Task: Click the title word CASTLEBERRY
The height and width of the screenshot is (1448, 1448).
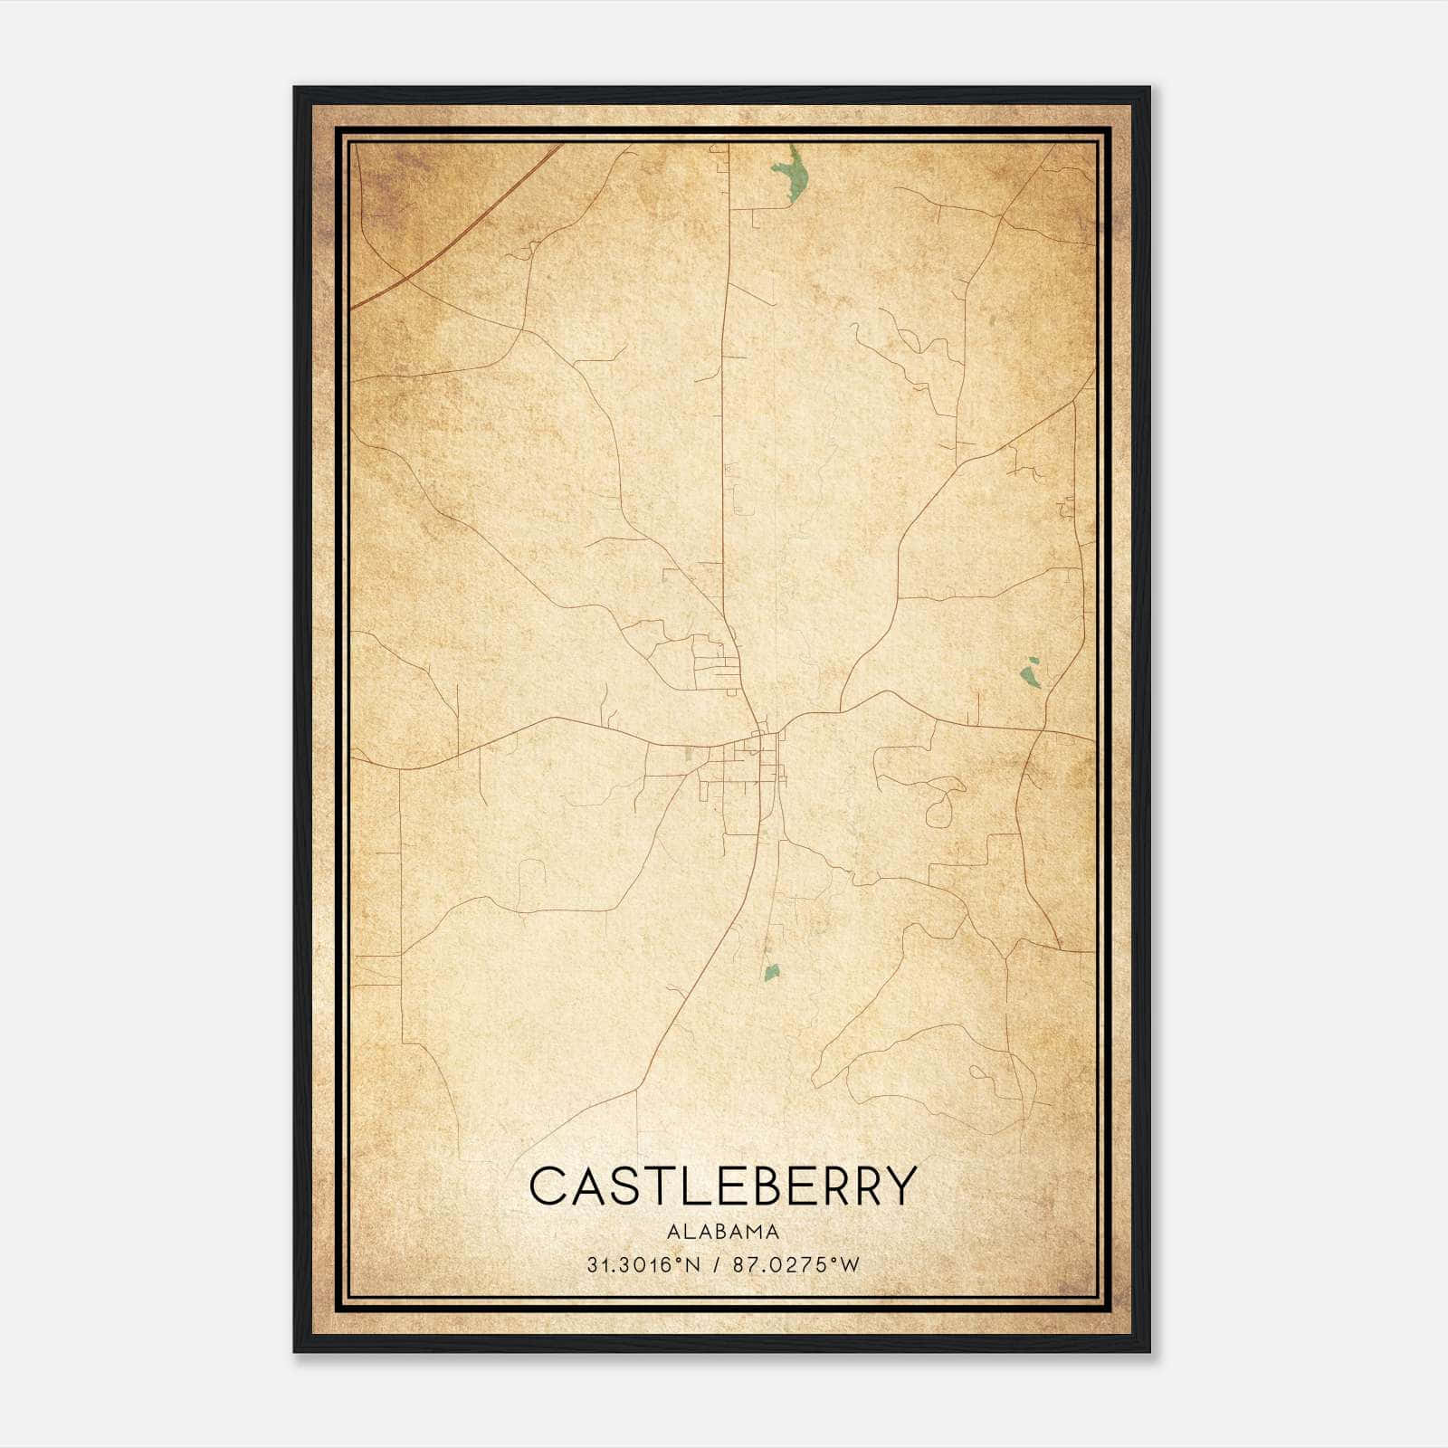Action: (x=723, y=1186)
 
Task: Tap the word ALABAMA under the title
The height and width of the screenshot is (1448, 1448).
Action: (x=723, y=1232)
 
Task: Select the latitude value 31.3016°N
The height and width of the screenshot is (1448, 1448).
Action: (x=643, y=1265)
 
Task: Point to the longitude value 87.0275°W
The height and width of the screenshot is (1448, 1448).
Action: (x=796, y=1265)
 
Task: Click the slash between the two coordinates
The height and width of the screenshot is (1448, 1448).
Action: (x=716, y=1265)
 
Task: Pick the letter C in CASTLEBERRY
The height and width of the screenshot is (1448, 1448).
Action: (x=550, y=1186)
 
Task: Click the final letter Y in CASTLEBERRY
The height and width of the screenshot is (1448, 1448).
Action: (x=899, y=1186)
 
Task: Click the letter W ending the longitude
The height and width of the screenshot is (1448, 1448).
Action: (x=849, y=1265)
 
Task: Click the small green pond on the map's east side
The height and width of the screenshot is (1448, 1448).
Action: (x=1030, y=673)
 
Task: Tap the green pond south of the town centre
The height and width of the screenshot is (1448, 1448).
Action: (x=771, y=973)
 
